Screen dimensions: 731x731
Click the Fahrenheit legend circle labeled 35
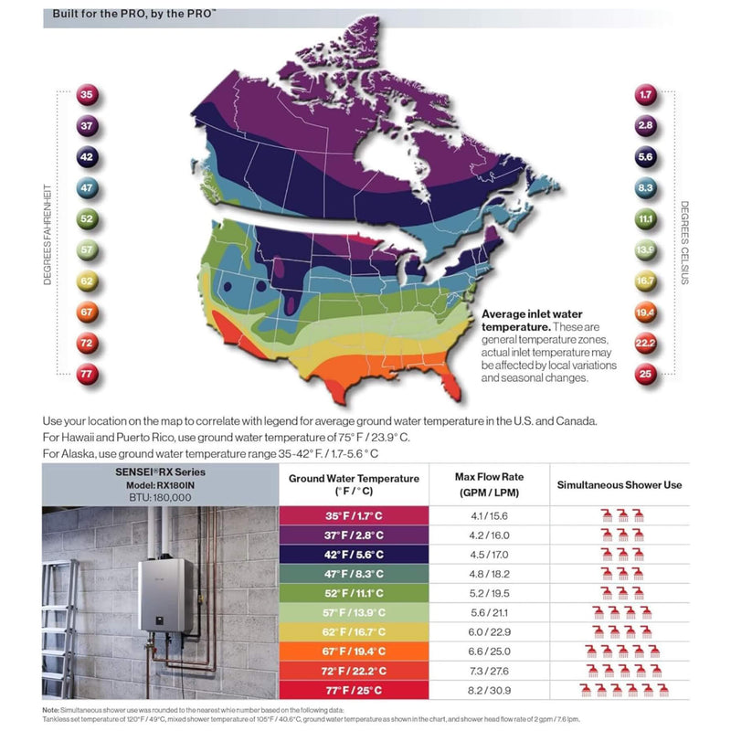coord(88,95)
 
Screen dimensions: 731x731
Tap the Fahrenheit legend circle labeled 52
coord(88,219)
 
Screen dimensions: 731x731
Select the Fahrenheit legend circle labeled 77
coord(88,375)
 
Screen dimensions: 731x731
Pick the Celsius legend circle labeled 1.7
coord(645,95)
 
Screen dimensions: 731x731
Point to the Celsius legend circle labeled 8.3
coord(645,188)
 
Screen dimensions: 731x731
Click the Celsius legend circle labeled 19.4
coord(645,313)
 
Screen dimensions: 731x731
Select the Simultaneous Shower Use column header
coord(620,484)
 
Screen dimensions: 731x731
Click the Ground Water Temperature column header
coord(354,485)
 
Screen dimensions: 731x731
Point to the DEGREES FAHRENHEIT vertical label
coord(48,234)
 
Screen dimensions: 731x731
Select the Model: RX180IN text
coord(160,484)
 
